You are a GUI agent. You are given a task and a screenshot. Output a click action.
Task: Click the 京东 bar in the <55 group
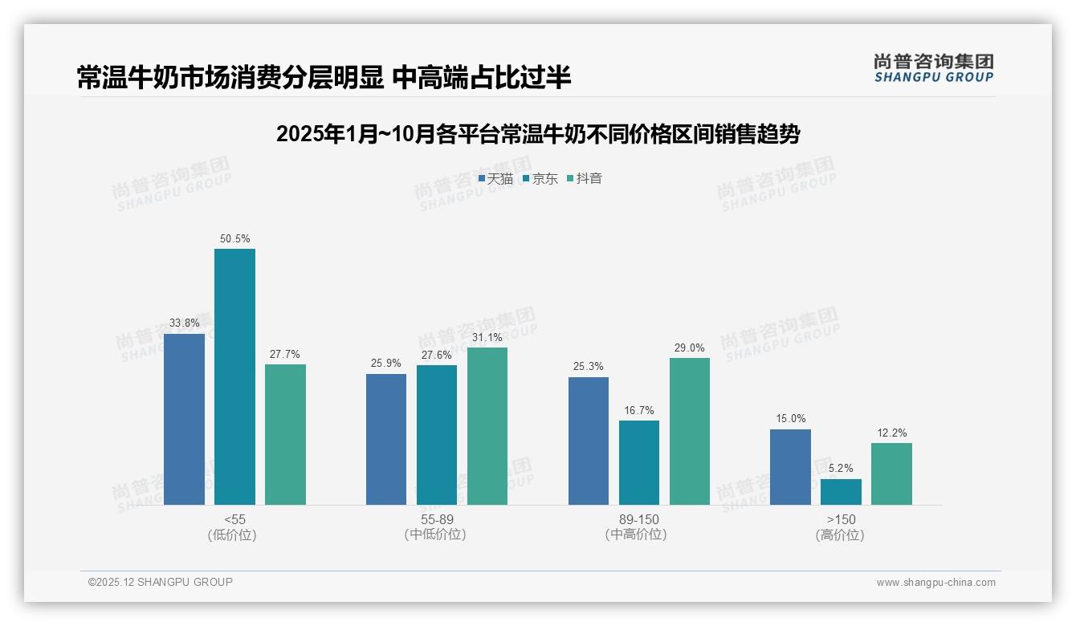tap(234, 376)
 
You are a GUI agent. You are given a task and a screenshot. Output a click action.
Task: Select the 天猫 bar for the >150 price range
tap(790, 467)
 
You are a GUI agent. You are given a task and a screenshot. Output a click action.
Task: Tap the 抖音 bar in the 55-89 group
tap(487, 426)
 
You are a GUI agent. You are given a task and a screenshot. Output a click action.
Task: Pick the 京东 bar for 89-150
tap(639, 462)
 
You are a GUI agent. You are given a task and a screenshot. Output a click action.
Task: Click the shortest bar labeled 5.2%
tap(841, 492)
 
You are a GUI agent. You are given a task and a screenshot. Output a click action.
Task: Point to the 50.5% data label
tap(234, 238)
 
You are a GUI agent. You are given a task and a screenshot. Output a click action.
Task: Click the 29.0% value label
tap(690, 348)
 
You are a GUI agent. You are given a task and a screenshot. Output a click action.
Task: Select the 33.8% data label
tap(184, 323)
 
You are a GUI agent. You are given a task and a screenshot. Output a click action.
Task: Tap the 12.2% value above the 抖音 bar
tap(891, 433)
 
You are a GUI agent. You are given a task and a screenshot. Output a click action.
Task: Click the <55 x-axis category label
tap(234, 519)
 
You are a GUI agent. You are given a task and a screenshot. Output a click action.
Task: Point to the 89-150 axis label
tap(638, 519)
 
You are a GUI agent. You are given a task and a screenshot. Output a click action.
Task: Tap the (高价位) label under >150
tap(840, 535)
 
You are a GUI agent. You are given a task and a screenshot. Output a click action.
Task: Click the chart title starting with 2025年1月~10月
tap(537, 134)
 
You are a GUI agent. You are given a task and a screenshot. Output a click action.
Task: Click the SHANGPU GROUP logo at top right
tap(933, 68)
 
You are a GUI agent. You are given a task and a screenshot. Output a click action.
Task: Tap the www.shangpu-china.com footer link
tap(935, 583)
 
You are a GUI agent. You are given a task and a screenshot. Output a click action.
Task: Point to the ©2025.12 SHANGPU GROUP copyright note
tap(160, 582)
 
